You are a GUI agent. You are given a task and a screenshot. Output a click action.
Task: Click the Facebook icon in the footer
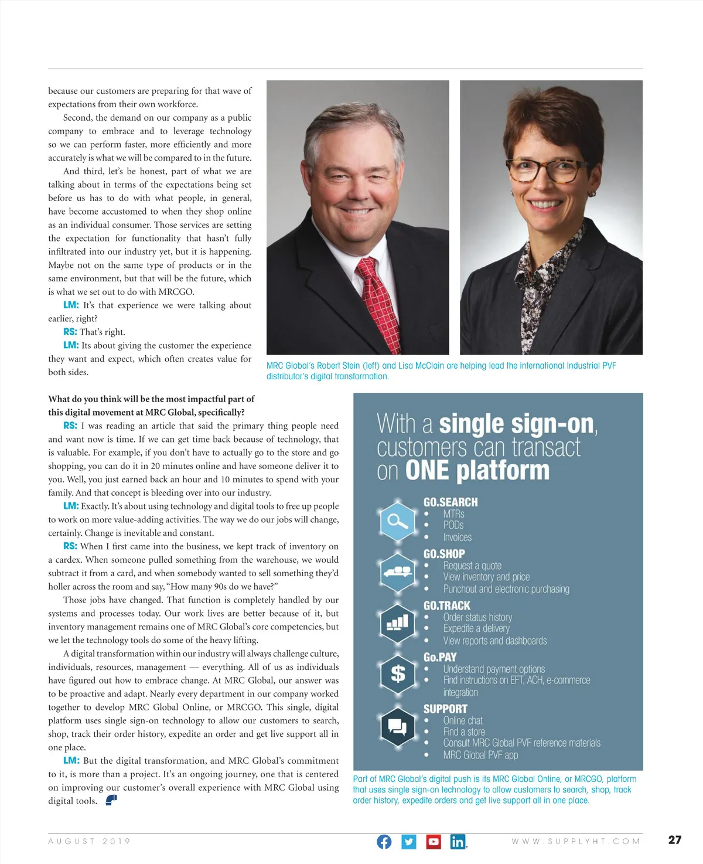[384, 842]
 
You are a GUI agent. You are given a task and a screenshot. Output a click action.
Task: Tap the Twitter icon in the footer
[409, 842]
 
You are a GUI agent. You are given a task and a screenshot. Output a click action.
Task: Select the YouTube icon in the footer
[434, 842]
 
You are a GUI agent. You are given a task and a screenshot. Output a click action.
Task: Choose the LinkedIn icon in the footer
[458, 842]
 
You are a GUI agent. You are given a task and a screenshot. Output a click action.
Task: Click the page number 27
[675, 840]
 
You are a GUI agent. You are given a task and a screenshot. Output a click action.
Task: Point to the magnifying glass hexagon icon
[398, 521]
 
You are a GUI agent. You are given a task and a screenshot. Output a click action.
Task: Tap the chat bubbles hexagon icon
[398, 727]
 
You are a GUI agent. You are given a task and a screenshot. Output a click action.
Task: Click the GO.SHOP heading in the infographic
[444, 554]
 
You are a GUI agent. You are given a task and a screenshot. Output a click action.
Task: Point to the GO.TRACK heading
[447, 606]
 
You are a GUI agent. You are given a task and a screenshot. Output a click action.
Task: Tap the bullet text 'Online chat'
[463, 720]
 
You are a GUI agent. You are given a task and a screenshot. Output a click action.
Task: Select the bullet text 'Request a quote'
[472, 566]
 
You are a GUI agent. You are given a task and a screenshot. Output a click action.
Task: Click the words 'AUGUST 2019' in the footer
[89, 842]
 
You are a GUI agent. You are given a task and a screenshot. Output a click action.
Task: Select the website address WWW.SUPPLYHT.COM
[576, 842]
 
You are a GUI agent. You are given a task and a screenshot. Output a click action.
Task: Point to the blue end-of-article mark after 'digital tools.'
[111, 800]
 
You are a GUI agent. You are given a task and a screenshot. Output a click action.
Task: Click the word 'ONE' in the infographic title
[427, 471]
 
